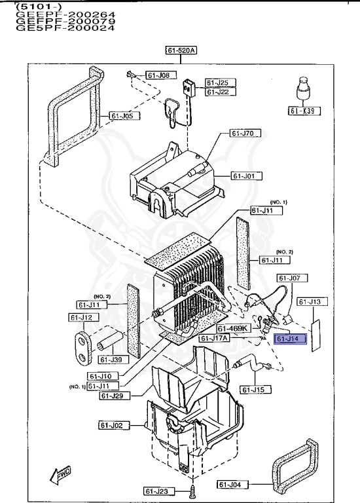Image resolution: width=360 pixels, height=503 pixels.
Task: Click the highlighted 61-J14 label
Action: (x=288, y=339)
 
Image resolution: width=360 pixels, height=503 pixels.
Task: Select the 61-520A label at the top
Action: (x=181, y=50)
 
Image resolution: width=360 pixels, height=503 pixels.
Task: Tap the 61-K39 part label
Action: (x=302, y=111)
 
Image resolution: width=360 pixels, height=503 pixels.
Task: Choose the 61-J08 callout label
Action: (x=157, y=76)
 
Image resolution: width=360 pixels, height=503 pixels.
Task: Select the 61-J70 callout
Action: (x=245, y=134)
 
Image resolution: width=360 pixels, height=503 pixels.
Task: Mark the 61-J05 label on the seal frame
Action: (x=122, y=116)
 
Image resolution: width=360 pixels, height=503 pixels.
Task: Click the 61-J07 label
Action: (x=285, y=278)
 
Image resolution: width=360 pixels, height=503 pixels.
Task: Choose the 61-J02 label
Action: (x=111, y=426)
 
